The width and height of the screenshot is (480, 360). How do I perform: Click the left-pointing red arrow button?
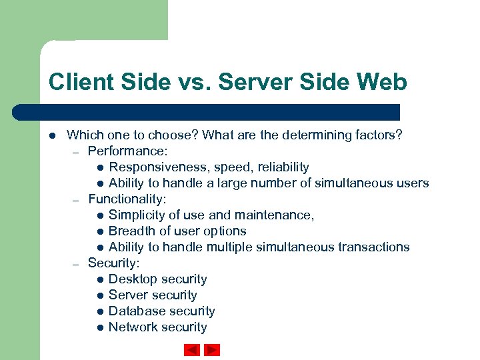[192, 349]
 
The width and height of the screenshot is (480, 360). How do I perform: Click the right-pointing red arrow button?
[212, 349]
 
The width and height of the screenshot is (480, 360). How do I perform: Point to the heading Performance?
[127, 151]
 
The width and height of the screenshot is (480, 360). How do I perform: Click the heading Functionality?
[127, 199]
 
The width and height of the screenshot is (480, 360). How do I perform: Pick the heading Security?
[114, 263]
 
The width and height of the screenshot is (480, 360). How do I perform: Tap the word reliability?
[281, 167]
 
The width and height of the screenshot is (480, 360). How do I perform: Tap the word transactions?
[373, 247]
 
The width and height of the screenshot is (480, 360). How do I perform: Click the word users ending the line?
[412, 183]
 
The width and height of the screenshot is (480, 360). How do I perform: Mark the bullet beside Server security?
[99, 295]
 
